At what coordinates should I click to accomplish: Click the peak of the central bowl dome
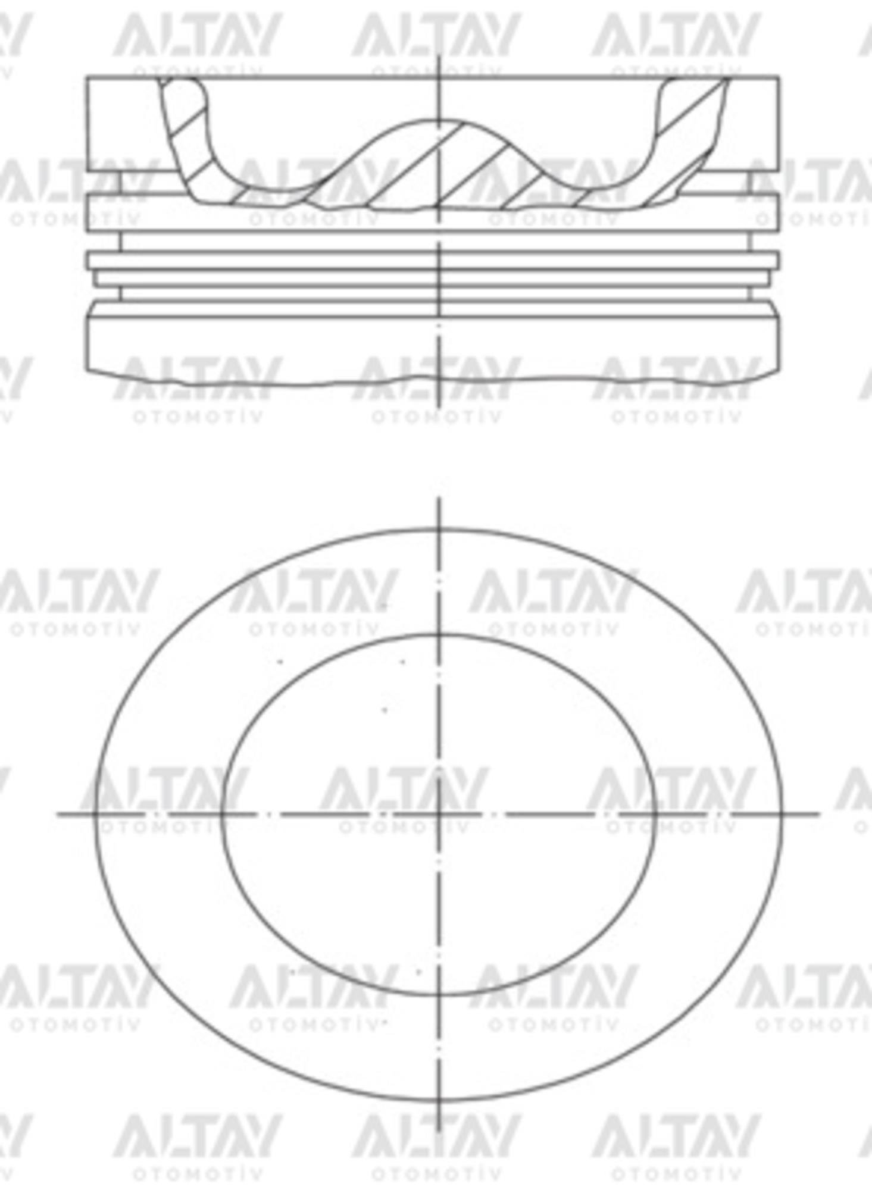click(439, 121)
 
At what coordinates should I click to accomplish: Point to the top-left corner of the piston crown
click(87, 77)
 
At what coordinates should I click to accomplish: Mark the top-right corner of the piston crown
click(779, 77)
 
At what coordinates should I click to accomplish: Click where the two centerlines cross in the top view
click(439, 813)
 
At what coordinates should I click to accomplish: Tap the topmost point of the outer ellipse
click(439, 529)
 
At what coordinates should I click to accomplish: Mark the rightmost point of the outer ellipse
click(781, 813)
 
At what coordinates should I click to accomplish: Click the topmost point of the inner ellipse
click(439, 634)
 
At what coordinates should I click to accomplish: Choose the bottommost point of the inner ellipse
click(439, 995)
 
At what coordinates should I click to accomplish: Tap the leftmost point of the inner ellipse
click(221, 813)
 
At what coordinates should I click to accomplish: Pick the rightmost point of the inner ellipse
click(656, 813)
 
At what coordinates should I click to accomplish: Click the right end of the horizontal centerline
click(819, 813)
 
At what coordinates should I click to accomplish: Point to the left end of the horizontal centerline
click(58, 813)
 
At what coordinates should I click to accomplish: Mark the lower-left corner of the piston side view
click(87, 371)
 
